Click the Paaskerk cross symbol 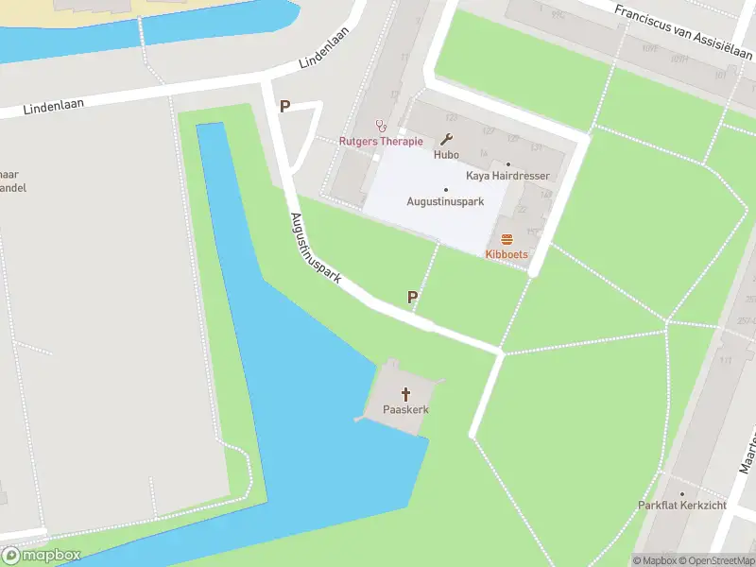pyautogui.click(x=407, y=393)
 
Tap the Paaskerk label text pyautogui.click(x=406, y=410)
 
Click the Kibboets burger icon pyautogui.click(x=507, y=239)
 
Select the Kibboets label pyautogui.click(x=507, y=254)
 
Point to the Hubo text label pyautogui.click(x=446, y=154)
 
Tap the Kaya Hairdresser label pyautogui.click(x=507, y=176)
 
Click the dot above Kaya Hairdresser pyautogui.click(x=508, y=163)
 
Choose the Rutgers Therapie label pyautogui.click(x=381, y=142)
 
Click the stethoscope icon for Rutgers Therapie pyautogui.click(x=382, y=125)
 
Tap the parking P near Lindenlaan pyautogui.click(x=284, y=107)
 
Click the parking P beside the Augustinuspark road pyautogui.click(x=413, y=298)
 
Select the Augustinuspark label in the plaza pyautogui.click(x=445, y=201)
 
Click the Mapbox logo pyautogui.click(x=41, y=555)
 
